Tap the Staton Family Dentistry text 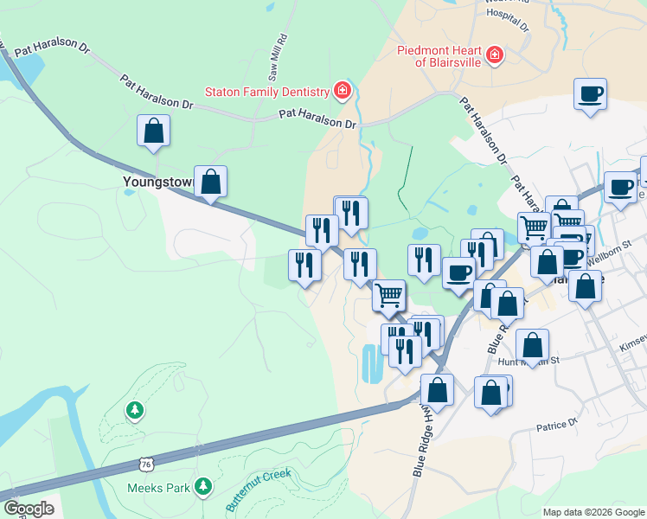[267, 91]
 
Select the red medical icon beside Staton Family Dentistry [343, 90]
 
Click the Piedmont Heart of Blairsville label [438, 55]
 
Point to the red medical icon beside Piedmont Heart [494, 56]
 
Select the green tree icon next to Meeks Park [203, 487]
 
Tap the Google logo [29, 509]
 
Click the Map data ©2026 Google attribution [593, 512]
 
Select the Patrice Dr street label [555, 426]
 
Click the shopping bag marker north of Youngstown [153, 131]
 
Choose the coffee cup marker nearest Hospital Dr [590, 94]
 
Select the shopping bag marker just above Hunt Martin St [533, 343]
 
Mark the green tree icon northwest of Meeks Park [134, 409]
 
